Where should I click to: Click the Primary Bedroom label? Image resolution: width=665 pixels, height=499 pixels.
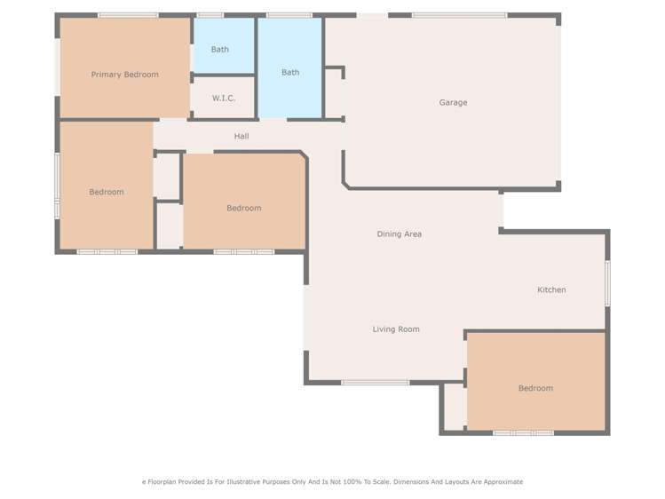pyautogui.click(x=124, y=75)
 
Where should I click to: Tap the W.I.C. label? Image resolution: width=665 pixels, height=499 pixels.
pyautogui.click(x=223, y=99)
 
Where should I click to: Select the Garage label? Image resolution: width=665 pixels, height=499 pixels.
pyautogui.click(x=453, y=103)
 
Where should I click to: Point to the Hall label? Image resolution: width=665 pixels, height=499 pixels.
pyautogui.click(x=241, y=137)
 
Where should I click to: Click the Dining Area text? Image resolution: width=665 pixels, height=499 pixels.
pyautogui.click(x=399, y=234)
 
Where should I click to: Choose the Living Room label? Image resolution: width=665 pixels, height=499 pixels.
pyautogui.click(x=396, y=329)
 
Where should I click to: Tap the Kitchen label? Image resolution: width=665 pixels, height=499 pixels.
pyautogui.click(x=551, y=290)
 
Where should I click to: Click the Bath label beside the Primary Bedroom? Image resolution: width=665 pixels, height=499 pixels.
pyautogui.click(x=219, y=50)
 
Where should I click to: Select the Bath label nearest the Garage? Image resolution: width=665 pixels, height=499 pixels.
pyautogui.click(x=290, y=73)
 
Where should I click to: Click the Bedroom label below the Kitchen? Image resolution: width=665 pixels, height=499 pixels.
pyautogui.click(x=535, y=388)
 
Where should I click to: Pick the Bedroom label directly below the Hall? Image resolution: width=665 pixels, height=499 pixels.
pyautogui.click(x=243, y=209)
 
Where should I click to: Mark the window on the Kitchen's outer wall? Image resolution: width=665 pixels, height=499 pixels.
pyautogui.click(x=607, y=283)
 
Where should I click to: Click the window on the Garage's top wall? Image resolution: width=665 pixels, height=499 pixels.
pyautogui.click(x=459, y=15)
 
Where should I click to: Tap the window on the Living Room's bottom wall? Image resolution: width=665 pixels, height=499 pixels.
pyautogui.click(x=375, y=383)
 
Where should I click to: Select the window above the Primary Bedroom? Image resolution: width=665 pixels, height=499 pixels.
pyautogui.click(x=128, y=15)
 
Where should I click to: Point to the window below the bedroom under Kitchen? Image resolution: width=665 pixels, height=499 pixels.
pyautogui.click(x=523, y=433)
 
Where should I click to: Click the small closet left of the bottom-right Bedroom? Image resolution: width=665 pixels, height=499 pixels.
pyautogui.click(x=453, y=407)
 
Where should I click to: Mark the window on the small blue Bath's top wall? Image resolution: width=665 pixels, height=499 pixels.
pyautogui.click(x=210, y=15)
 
